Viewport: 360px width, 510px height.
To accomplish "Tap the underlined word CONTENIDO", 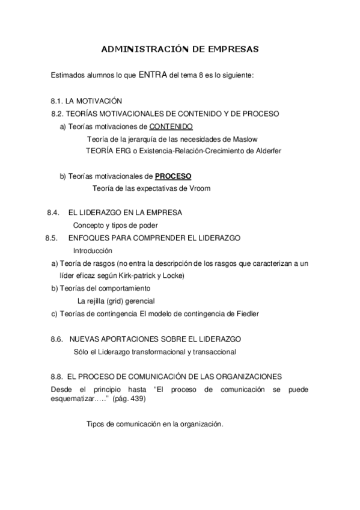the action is point(171,127).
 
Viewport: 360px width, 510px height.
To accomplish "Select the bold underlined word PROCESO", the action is point(173,177).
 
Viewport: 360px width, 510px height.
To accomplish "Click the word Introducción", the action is point(93,251).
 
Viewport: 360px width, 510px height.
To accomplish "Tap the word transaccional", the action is point(213,352).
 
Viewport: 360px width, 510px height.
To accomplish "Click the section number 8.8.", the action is point(57,377).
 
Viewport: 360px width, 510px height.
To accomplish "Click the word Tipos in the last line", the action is point(96,424).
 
